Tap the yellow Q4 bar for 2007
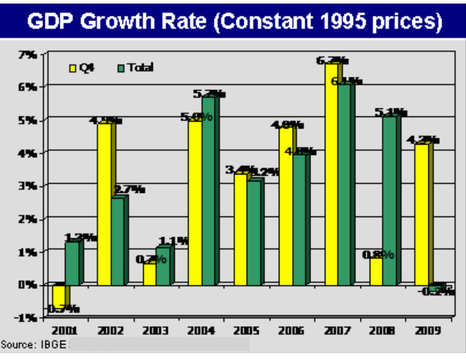pos(331,174)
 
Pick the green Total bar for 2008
pos(389,200)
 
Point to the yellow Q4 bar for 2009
pos(421,214)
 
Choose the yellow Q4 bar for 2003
pos(150,274)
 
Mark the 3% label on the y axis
pos(27,186)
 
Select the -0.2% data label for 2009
pos(436,291)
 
